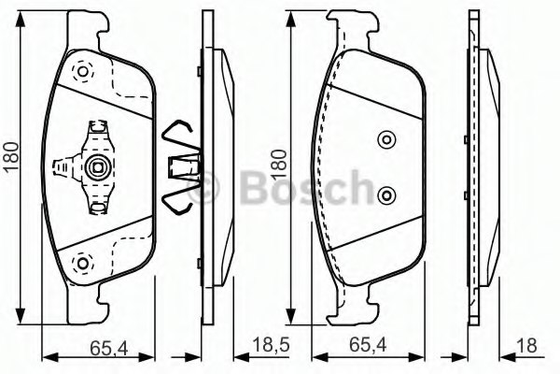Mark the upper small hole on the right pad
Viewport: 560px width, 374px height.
(386, 140)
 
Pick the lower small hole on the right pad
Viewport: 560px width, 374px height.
(386, 194)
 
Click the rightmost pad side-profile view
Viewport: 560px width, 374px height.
(480, 168)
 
